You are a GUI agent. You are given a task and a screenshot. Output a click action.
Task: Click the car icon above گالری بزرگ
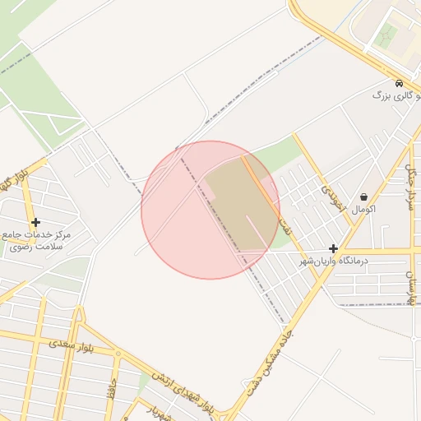click(x=399, y=84)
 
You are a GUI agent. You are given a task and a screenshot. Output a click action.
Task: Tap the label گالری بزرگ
click(x=392, y=96)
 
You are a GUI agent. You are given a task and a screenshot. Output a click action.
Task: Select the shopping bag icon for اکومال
click(x=364, y=197)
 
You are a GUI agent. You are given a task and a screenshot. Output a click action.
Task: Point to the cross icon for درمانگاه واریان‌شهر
click(x=333, y=248)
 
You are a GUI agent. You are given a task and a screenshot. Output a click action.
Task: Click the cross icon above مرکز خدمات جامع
click(x=35, y=222)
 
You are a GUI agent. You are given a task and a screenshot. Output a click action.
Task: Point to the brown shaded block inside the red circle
click(x=238, y=206)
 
